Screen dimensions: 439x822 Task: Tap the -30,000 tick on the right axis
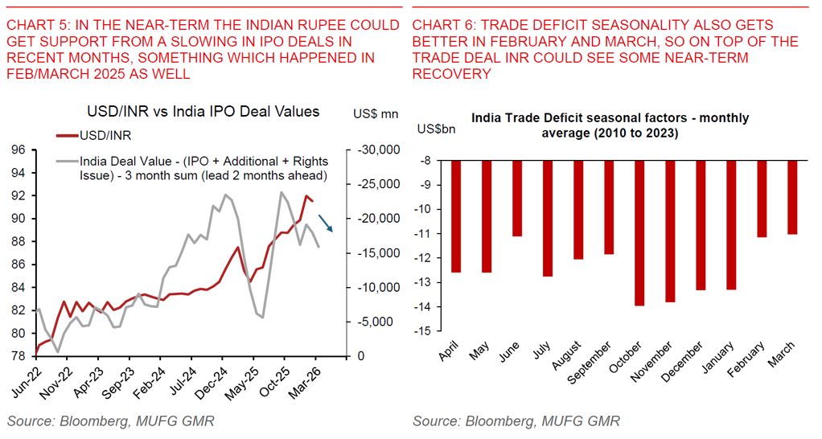[376, 150]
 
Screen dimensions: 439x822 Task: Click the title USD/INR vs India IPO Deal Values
[203, 112]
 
